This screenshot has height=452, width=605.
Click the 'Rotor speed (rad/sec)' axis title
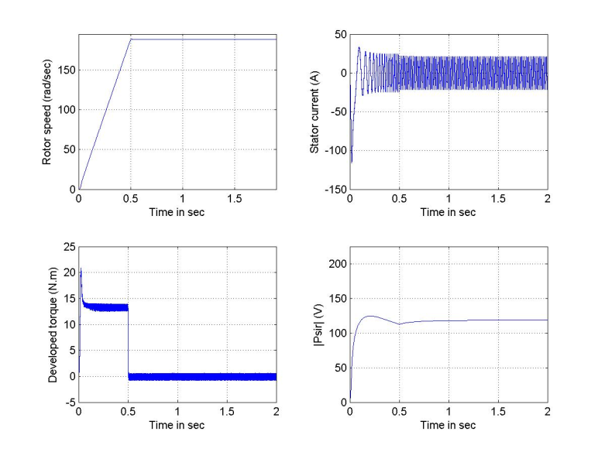pyautogui.click(x=48, y=112)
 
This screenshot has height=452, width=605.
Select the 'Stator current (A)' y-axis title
pyautogui.click(x=315, y=112)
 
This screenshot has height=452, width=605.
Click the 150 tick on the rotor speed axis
pyautogui.click(x=64, y=70)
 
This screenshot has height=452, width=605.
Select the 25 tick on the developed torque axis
pyautogui.click(x=67, y=247)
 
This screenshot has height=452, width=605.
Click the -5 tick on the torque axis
pyautogui.click(x=68, y=402)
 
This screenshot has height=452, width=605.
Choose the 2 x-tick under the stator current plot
pyautogui.click(x=548, y=199)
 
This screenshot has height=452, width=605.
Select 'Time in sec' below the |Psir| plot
pyautogui.click(x=449, y=425)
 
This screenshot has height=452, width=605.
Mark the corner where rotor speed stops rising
pyautogui.click(x=131, y=39)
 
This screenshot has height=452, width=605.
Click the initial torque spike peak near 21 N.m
pyautogui.click(x=81, y=269)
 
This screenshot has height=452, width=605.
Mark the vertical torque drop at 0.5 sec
pyautogui.click(x=129, y=341)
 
